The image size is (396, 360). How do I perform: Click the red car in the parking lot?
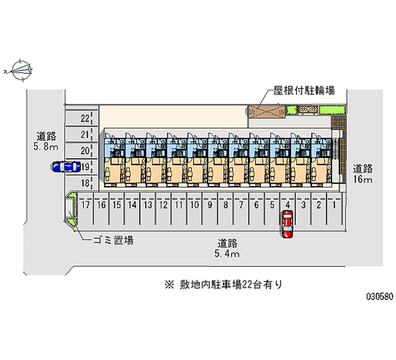287,224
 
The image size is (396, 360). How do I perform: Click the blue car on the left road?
65,167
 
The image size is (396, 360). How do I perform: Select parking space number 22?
85,118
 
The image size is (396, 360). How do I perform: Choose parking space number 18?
85,183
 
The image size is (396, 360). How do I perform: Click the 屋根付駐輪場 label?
303,91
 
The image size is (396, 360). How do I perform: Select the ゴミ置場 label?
113,241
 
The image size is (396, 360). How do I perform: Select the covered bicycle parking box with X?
267,111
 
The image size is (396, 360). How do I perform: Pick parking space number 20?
85,151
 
